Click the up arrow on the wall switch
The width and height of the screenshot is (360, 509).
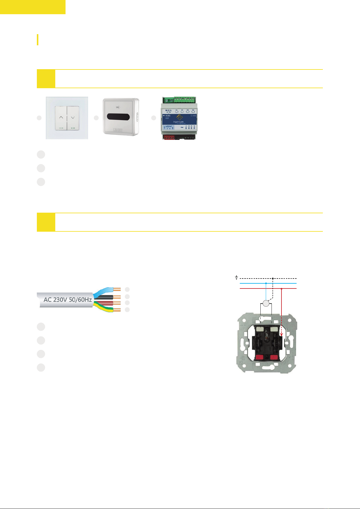pyautogui.click(x=61, y=117)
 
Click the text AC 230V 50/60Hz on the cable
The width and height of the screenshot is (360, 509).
pyautogui.click(x=68, y=300)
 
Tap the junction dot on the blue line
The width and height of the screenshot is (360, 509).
pyautogui.click(x=266, y=283)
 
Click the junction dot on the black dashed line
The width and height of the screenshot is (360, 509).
pyautogui.click(x=273, y=278)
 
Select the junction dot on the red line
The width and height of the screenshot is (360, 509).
pyautogui.click(x=281, y=288)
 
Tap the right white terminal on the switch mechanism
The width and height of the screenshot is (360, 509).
pyautogui.click(x=274, y=329)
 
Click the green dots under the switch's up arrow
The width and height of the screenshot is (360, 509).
pyautogui.click(x=61, y=128)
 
